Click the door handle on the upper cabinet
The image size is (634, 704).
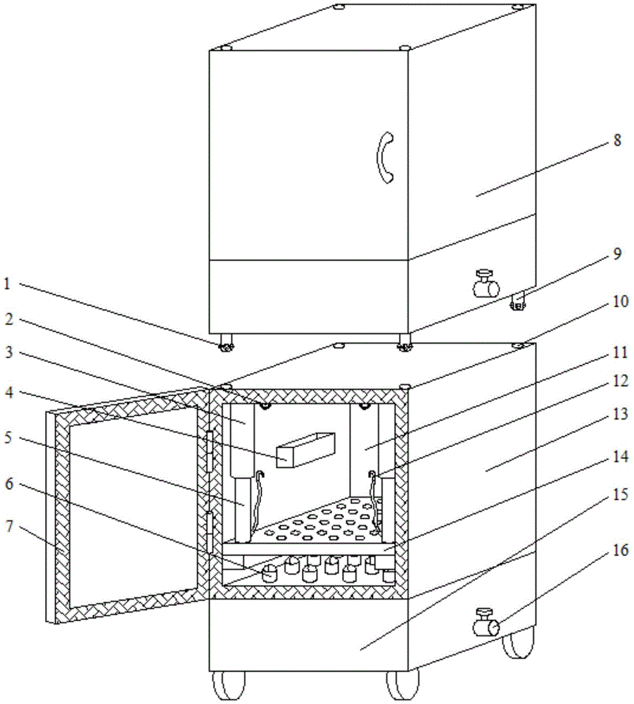[386, 158]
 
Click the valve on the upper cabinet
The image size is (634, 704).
[486, 284]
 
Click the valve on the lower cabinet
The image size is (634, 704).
[486, 622]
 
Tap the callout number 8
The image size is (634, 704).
[616, 140]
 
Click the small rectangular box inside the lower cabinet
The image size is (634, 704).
[306, 451]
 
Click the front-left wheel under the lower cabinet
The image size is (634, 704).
[229, 686]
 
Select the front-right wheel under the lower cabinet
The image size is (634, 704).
[402, 686]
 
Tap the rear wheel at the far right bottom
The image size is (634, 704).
[519, 642]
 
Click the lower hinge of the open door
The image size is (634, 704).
[208, 532]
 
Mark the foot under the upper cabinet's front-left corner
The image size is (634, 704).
[227, 345]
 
